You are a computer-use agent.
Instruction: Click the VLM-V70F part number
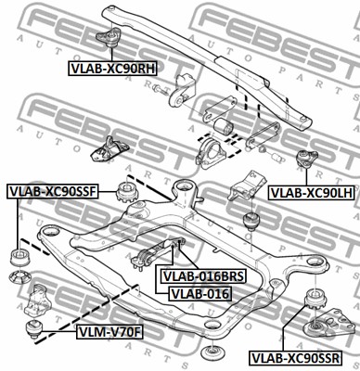[109, 328]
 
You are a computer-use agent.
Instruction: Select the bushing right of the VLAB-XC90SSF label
[122, 192]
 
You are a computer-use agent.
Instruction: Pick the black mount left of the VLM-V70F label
[36, 327]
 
